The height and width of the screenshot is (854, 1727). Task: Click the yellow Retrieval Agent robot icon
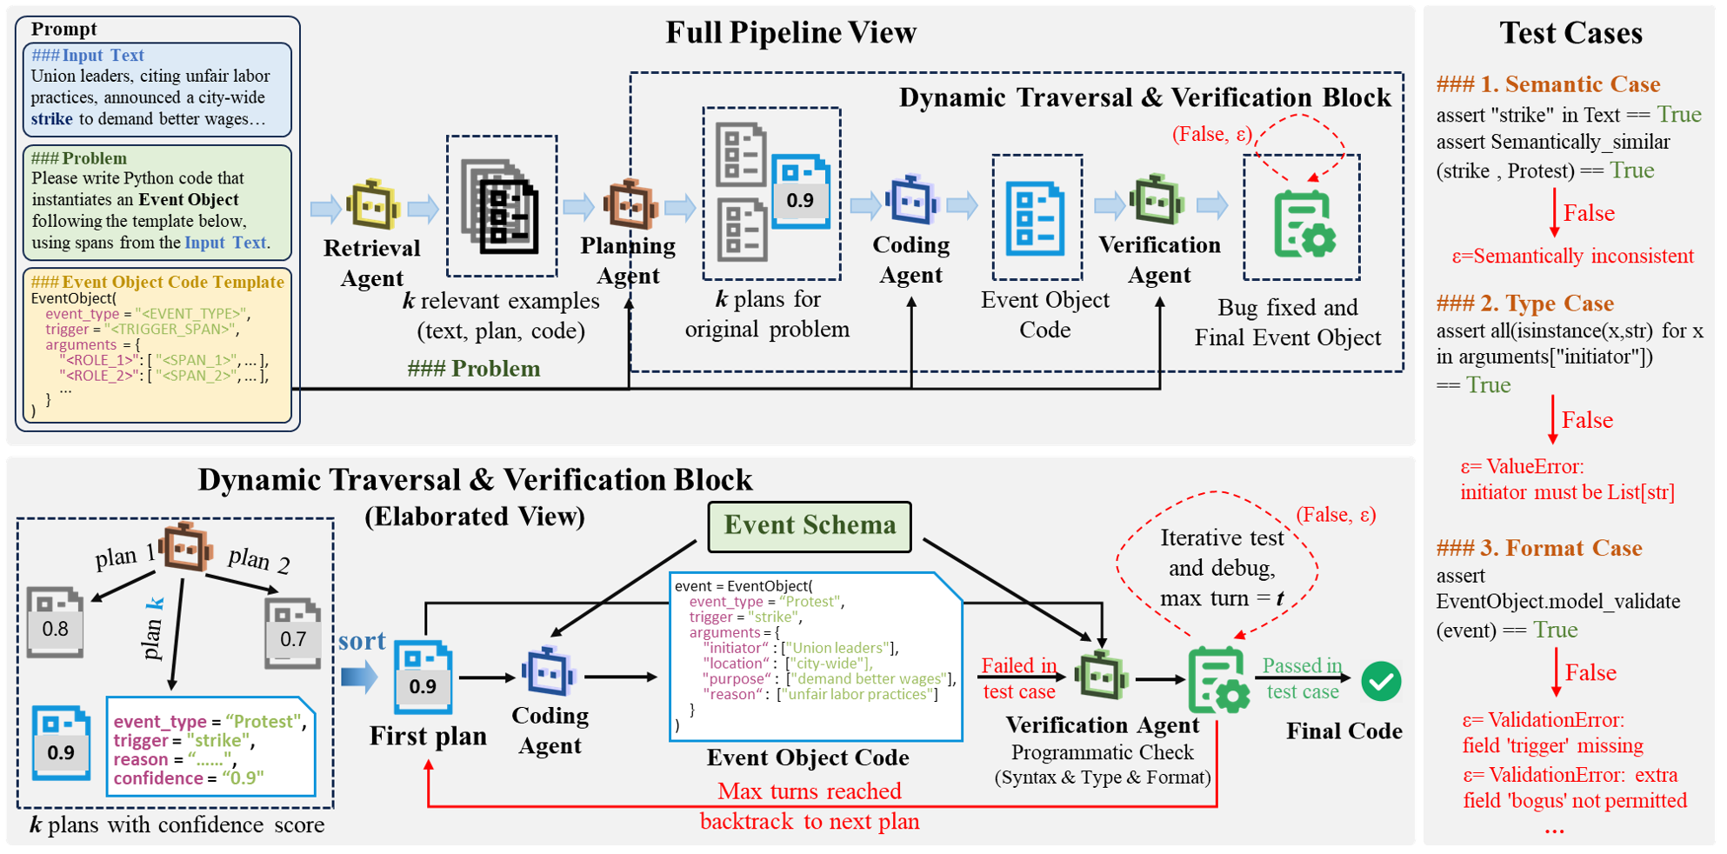point(373,206)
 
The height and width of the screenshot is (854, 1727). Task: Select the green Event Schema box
point(810,526)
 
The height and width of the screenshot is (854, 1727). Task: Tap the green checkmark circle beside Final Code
point(1381,681)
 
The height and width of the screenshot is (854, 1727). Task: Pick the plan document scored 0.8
point(55,622)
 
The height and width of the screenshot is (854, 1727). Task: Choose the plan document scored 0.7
point(293,633)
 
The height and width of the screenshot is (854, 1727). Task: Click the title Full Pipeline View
point(790,33)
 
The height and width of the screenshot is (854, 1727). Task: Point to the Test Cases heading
point(1570,33)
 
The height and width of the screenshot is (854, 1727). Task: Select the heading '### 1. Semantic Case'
point(1548,84)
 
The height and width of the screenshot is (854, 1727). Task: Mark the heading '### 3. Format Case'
point(1539,548)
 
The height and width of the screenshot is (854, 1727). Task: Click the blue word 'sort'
point(362,641)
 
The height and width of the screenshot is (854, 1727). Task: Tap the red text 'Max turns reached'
point(809,791)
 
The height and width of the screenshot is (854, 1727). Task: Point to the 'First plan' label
point(428,736)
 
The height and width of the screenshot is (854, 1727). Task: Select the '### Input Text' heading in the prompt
point(88,56)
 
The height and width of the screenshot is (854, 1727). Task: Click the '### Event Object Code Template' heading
point(157,282)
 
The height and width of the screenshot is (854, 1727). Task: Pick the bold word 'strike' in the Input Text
point(52,119)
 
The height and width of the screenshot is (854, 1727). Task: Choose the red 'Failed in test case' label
point(1019,678)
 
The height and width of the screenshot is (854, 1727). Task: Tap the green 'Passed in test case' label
point(1302,678)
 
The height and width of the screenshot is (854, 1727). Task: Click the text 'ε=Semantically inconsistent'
point(1572,257)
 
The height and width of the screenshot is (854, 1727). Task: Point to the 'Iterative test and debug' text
point(1221,553)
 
